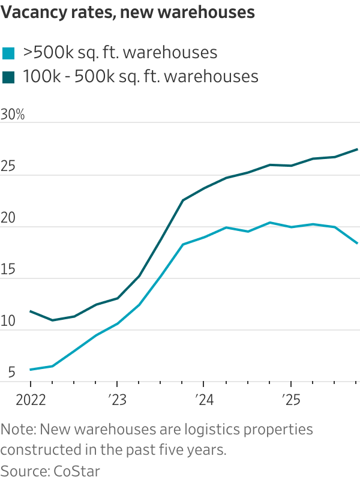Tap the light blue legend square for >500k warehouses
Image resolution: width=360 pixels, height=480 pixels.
click(x=8, y=53)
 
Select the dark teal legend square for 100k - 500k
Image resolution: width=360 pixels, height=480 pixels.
click(x=8, y=77)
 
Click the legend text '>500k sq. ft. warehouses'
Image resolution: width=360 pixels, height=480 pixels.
click(x=119, y=53)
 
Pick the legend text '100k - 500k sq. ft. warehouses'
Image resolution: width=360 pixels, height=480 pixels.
click(x=140, y=77)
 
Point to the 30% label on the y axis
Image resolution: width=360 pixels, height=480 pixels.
click(x=13, y=115)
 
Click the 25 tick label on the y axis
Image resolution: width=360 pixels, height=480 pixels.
click(x=8, y=167)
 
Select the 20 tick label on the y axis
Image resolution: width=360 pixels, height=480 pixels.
click(x=8, y=219)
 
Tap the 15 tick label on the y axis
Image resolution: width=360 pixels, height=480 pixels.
click(x=8, y=271)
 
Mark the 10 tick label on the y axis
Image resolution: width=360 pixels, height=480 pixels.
click(x=8, y=322)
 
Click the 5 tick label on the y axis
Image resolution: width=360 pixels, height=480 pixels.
click(x=5, y=374)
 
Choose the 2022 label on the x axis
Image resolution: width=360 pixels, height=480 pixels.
click(x=30, y=400)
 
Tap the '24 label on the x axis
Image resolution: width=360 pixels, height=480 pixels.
click(x=203, y=400)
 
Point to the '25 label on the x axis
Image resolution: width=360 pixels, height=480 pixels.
click(x=290, y=400)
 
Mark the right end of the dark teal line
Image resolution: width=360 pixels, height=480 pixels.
click(x=358, y=149)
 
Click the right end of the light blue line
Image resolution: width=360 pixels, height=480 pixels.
click(x=358, y=243)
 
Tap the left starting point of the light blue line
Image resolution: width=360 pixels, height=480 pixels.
click(x=31, y=370)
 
